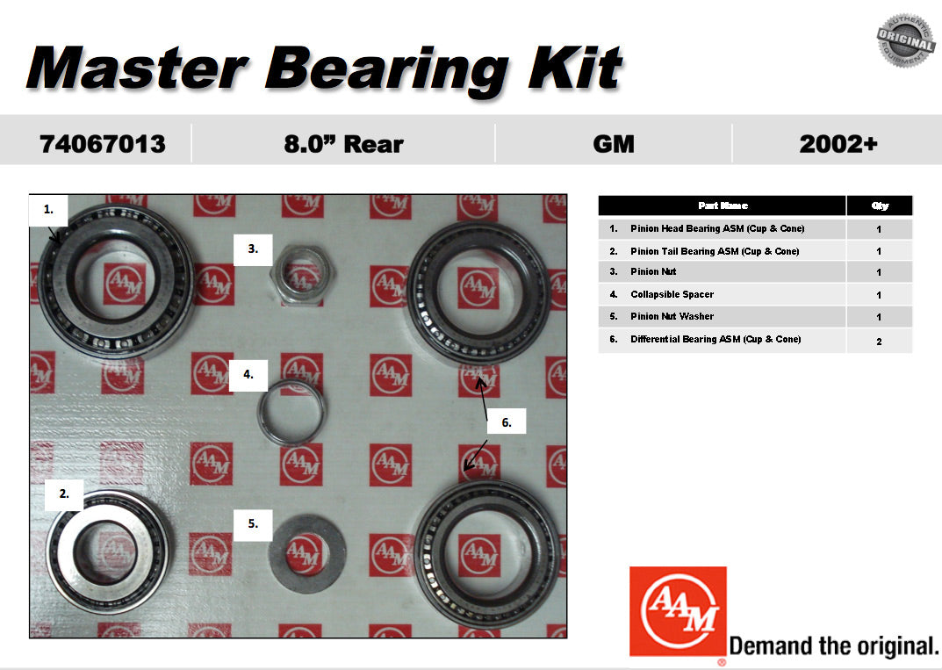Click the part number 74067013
(102, 144)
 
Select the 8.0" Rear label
(343, 144)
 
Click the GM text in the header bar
(613, 144)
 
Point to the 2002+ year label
(838, 144)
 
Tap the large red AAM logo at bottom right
(678, 611)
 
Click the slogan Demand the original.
(834, 646)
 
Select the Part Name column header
(723, 205)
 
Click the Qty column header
(879, 205)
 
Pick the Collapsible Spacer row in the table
(672, 295)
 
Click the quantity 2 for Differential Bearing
(879, 341)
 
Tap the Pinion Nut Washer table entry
(672, 317)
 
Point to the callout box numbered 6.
(507, 422)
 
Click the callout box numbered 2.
(64, 493)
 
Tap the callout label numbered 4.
(248, 374)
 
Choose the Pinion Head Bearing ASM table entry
(716, 229)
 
